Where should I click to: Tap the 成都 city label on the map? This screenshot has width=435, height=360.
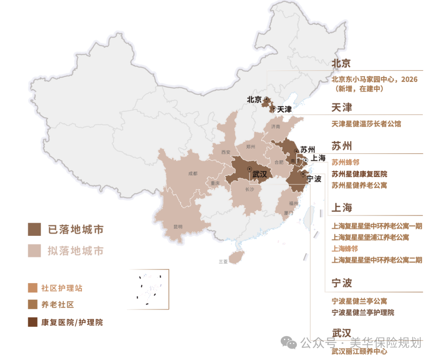193,174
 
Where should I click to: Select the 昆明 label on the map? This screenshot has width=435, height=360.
178,227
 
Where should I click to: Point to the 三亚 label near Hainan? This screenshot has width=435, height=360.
223,261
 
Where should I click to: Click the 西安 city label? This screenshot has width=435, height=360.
226,152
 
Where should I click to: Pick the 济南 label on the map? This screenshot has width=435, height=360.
275,126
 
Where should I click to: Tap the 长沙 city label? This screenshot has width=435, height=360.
250,189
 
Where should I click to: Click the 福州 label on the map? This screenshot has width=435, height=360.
293,203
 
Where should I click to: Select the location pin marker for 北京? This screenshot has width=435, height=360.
266,99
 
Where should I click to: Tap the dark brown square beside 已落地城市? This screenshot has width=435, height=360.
34,229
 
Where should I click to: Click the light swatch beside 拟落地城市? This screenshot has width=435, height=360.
34,251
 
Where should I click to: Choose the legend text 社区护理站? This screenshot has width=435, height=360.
62,288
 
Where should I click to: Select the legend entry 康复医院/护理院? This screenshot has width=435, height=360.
72,323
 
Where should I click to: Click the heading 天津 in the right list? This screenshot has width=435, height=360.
342,108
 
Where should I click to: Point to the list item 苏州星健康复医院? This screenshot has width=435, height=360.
359,174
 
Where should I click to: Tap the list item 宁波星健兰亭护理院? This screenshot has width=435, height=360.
362,312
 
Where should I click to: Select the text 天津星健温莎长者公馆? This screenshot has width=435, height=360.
366,124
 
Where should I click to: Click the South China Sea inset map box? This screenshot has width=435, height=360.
148,289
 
